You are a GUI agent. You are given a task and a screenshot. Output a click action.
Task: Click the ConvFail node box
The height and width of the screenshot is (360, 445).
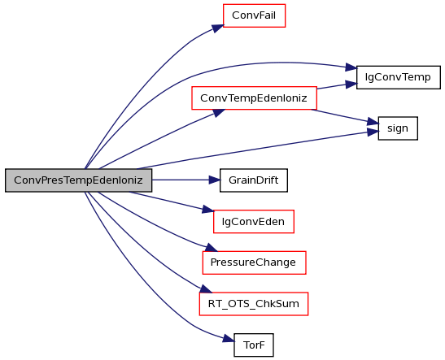[254, 15]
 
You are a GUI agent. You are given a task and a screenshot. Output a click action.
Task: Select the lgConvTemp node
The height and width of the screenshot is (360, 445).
[398, 77]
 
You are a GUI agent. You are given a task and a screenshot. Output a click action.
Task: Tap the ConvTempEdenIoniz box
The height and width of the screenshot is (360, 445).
[254, 98]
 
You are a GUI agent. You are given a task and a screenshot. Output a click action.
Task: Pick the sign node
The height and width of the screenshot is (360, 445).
[398, 128]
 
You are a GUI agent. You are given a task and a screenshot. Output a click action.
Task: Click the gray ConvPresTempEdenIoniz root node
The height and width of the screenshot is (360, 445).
[79, 180]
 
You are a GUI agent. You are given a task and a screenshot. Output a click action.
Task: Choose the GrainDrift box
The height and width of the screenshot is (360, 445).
[254, 180]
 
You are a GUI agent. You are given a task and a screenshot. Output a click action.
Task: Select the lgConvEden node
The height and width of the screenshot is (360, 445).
[254, 222]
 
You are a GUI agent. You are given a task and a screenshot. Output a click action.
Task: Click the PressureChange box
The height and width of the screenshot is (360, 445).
[255, 262]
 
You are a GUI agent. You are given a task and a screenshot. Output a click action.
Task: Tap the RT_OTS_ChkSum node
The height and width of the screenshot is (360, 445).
[254, 304]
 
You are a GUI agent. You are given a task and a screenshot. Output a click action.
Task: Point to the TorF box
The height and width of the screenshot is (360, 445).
[254, 345]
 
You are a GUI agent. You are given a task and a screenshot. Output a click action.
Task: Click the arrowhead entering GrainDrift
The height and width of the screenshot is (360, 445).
[215, 180]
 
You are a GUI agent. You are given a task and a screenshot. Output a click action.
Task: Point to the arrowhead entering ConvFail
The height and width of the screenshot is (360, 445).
[218, 28]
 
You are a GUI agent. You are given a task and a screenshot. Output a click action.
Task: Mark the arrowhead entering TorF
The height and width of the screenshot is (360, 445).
[229, 338]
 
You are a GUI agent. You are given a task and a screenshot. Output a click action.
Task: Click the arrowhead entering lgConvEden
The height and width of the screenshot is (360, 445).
[208, 210]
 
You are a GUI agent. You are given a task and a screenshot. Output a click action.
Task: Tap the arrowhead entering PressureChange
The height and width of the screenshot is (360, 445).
[212, 248]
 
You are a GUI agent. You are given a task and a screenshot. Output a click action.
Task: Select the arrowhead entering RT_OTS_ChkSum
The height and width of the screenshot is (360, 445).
[206, 289]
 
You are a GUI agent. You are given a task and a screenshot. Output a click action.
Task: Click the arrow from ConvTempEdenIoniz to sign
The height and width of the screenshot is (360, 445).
[345, 117]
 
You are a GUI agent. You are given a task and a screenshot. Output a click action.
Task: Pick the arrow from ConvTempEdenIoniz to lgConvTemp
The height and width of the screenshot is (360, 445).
[337, 86]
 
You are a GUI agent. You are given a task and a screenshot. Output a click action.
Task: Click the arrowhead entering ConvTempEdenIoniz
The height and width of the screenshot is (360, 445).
[219, 113]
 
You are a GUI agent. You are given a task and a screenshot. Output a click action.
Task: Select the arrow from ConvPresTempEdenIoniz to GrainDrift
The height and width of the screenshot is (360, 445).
[185, 180]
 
